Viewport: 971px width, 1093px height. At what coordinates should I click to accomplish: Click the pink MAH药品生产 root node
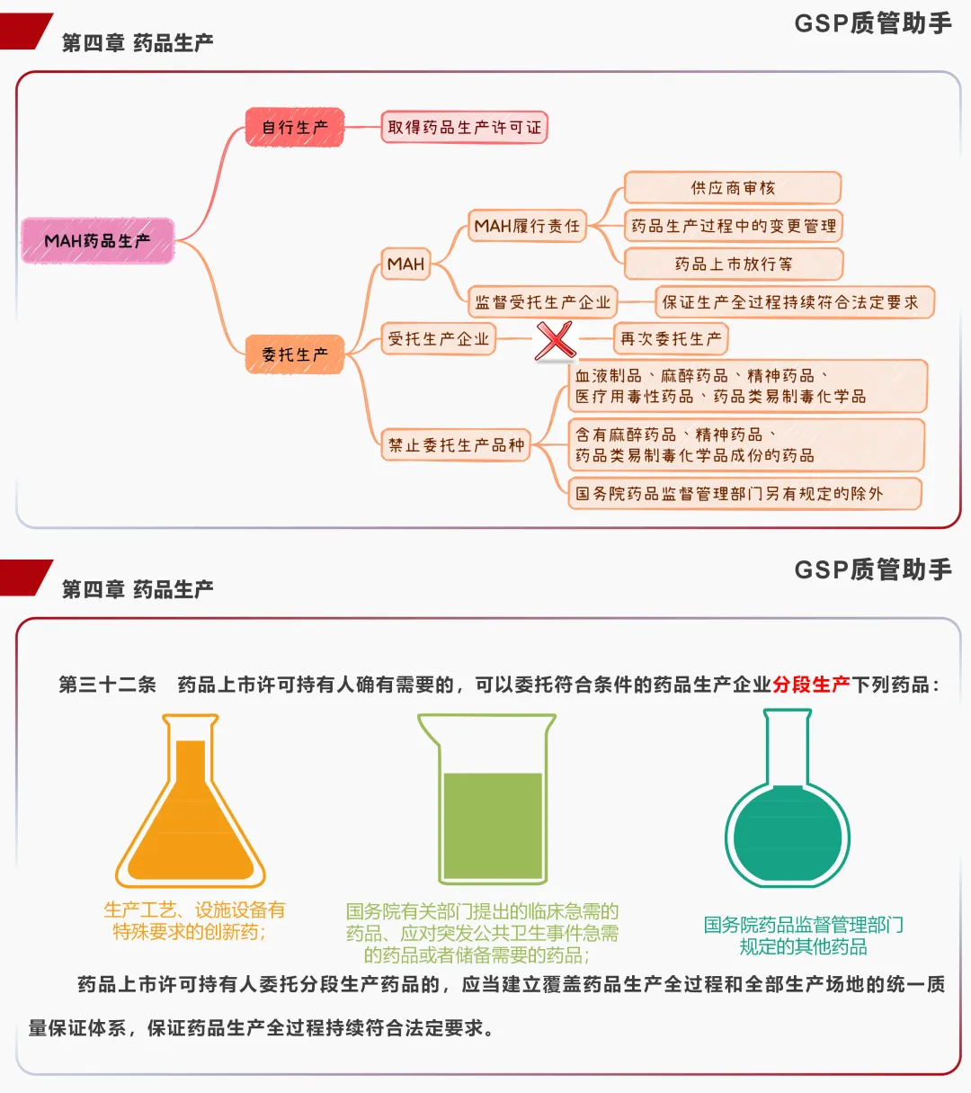coord(97,241)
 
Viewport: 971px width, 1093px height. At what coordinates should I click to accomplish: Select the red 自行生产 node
coord(295,128)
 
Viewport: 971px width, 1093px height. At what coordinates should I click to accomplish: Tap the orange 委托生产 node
coord(295,354)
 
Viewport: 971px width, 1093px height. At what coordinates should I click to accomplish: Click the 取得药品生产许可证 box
coord(464,128)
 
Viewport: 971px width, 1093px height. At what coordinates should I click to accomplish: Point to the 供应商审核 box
coord(733,188)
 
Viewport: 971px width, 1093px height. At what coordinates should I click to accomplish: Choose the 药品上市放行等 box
coord(733,264)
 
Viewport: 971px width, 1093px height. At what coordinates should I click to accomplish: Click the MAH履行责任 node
coord(527,226)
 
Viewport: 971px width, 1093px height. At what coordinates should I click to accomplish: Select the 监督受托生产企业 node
coord(542,302)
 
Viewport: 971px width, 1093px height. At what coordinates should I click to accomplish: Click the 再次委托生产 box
coord(671,339)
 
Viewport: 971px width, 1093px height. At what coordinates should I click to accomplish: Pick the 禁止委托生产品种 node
coord(456,444)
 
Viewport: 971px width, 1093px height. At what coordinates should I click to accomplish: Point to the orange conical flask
coord(191,805)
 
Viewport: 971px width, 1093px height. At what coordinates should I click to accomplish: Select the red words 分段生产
coord(811,685)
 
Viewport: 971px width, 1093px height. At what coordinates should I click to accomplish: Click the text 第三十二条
coord(108,685)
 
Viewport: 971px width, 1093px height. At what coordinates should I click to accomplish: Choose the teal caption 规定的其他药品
coord(803,946)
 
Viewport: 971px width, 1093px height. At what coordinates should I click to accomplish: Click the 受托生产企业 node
coord(439,339)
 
